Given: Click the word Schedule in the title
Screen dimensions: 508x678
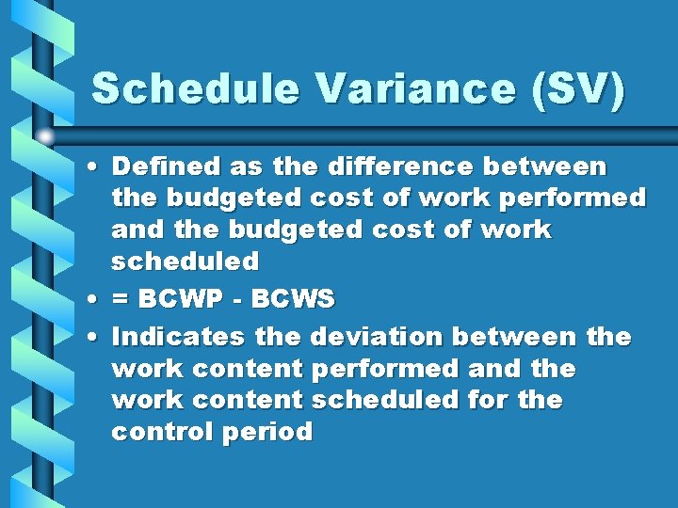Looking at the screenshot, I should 197,89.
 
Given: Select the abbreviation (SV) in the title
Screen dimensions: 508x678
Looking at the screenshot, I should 575,90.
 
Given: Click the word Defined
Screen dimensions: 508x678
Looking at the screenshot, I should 166,167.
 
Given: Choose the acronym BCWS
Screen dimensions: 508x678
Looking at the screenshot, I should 294,299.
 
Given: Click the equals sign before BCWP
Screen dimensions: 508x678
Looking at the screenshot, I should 121,300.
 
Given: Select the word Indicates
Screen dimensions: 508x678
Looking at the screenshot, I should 175,336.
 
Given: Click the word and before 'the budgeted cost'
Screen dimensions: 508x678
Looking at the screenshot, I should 133,230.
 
